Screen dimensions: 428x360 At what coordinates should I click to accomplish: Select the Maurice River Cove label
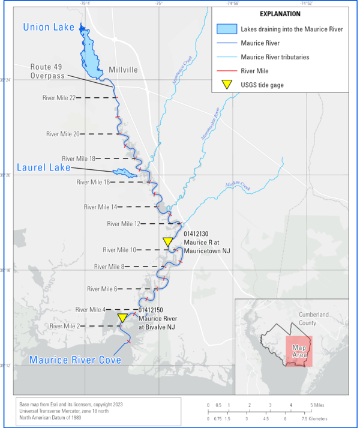coord(76,360)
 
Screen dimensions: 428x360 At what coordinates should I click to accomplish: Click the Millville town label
coord(123,70)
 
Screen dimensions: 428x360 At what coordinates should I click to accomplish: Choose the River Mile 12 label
coord(124,224)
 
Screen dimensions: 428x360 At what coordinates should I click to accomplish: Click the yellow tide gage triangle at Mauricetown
coord(168,242)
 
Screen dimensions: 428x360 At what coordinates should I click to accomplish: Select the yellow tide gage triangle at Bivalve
coord(122,318)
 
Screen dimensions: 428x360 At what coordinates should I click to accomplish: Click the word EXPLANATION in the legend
coord(280,14)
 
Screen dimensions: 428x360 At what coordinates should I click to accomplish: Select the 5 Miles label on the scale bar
coord(318,406)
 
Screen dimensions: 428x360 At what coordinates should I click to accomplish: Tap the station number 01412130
coord(196,233)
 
